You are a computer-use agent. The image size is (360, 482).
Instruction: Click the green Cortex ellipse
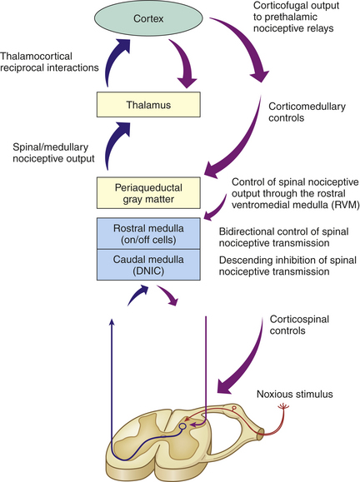(x=148, y=18)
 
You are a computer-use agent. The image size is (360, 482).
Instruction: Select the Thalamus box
(x=148, y=105)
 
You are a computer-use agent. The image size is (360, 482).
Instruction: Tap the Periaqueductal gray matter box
(x=148, y=193)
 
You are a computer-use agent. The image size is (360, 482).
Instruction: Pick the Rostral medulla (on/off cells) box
(x=148, y=234)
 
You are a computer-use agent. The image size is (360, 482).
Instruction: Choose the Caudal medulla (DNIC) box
(x=148, y=265)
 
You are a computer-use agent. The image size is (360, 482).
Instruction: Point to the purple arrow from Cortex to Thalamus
(x=184, y=62)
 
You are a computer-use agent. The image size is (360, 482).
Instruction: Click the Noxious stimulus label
(x=295, y=394)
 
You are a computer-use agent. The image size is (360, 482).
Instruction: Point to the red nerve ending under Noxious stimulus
(x=283, y=407)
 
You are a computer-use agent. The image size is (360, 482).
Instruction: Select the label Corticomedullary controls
(x=307, y=112)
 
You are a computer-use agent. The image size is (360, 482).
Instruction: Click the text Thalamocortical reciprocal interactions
(x=49, y=62)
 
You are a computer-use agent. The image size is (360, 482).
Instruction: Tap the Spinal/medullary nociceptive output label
(x=53, y=153)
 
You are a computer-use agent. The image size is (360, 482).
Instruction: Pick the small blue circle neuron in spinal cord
(x=182, y=426)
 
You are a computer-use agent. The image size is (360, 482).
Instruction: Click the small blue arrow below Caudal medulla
(x=137, y=295)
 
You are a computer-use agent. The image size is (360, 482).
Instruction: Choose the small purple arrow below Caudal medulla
(x=167, y=295)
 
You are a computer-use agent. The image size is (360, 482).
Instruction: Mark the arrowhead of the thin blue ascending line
(x=112, y=321)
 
